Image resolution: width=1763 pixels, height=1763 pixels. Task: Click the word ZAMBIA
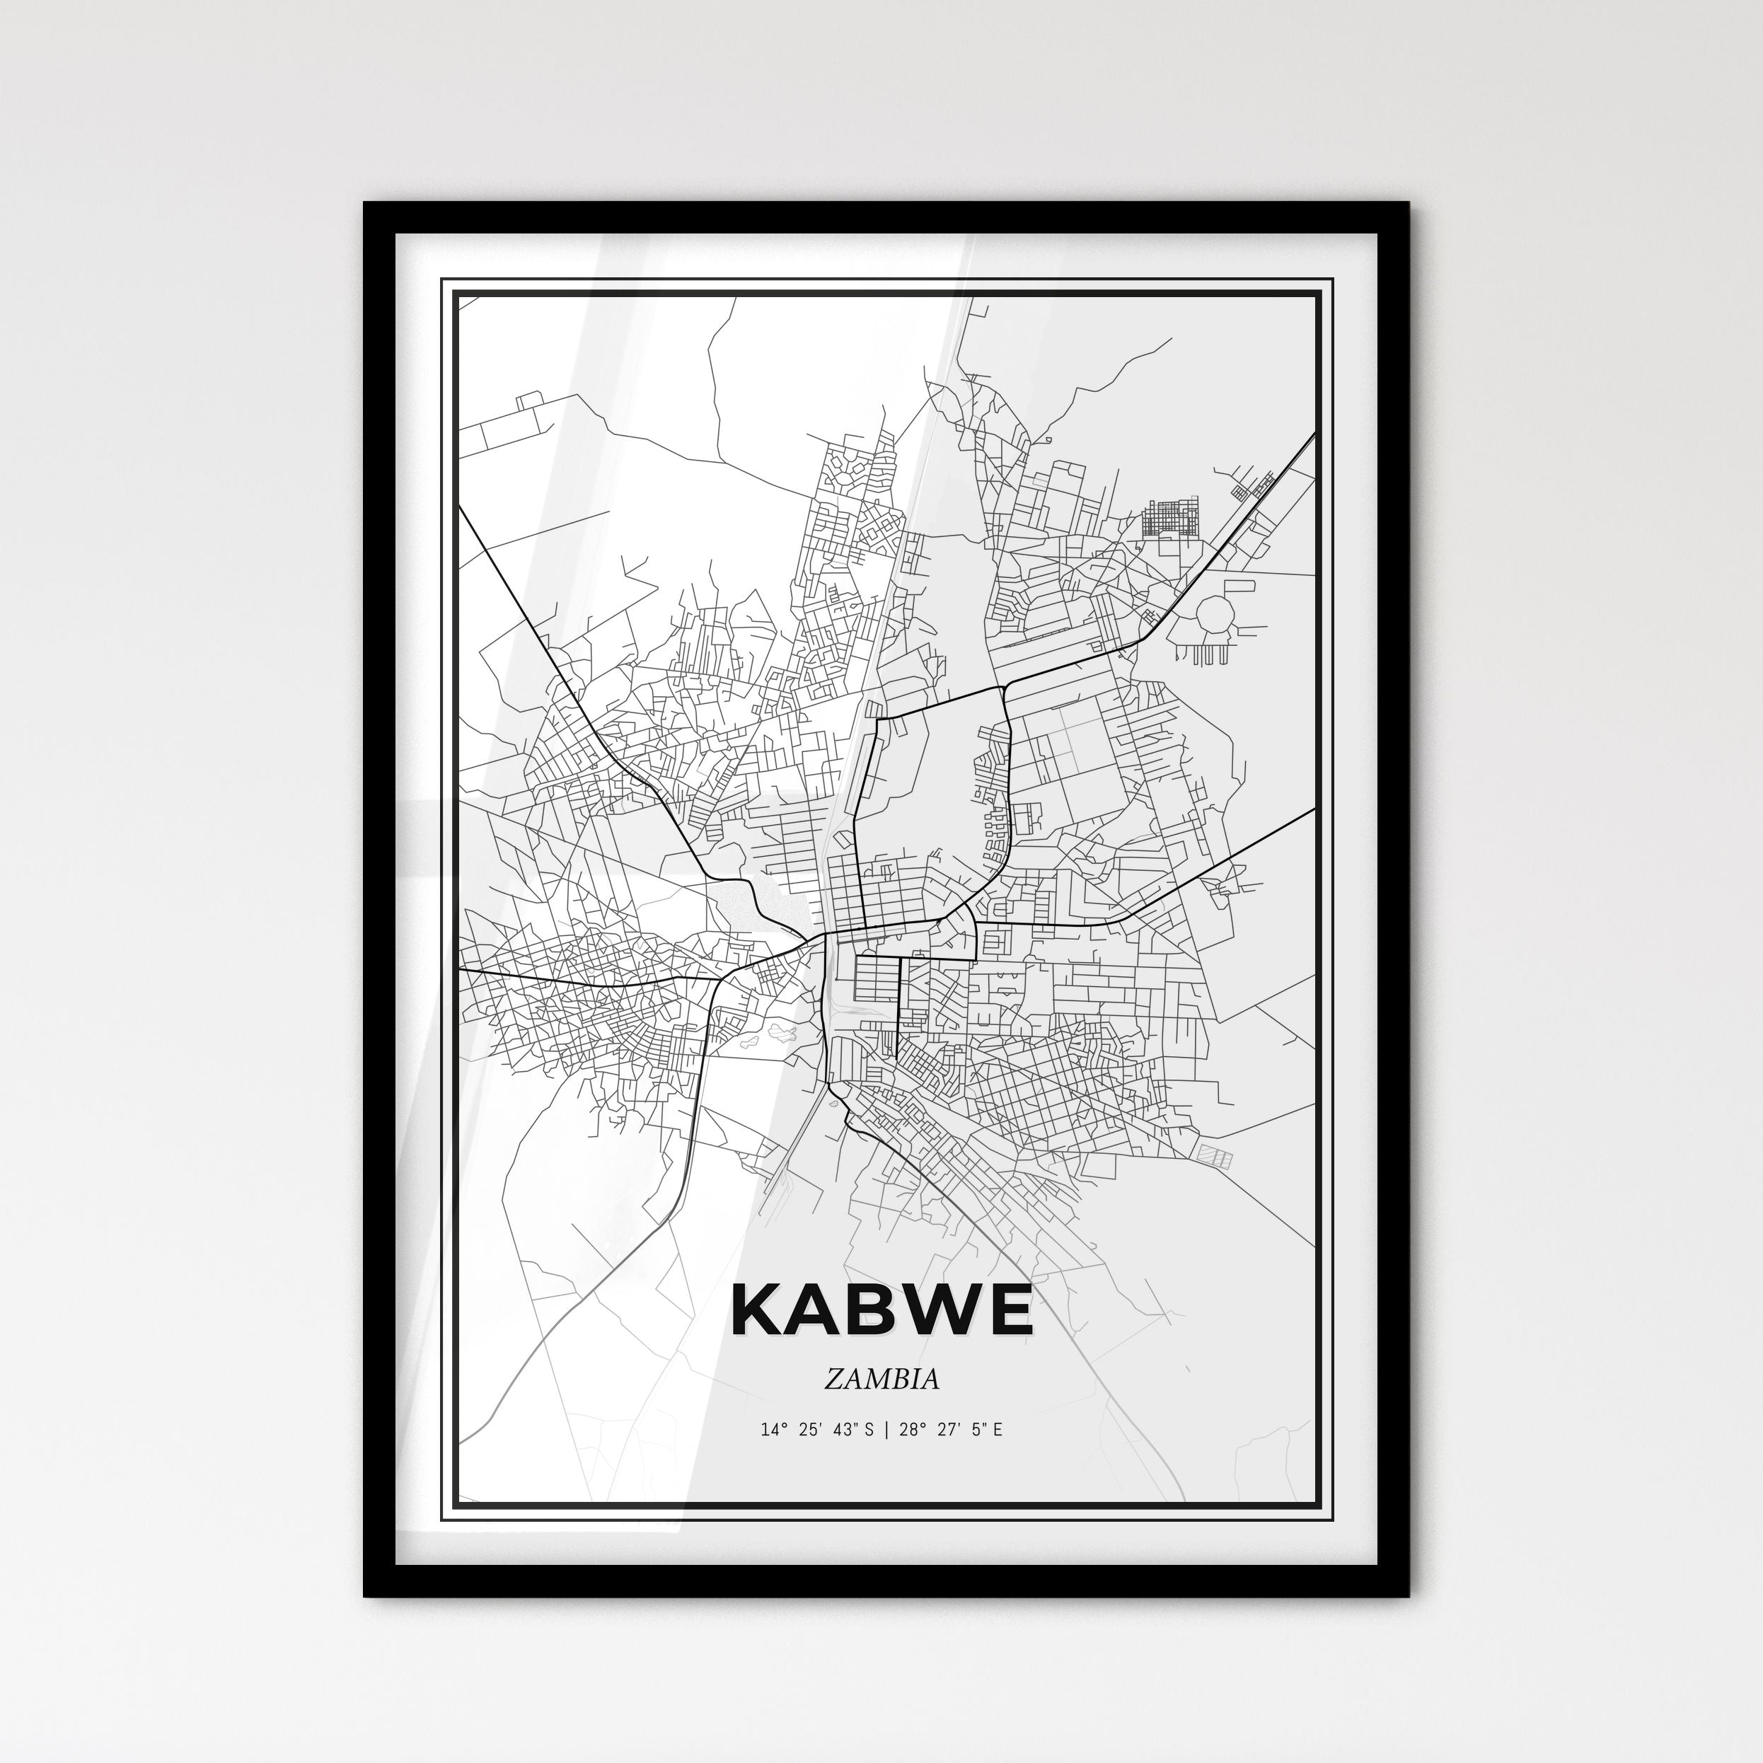pyautogui.click(x=881, y=1379)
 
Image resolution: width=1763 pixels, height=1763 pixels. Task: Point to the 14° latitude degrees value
pyautogui.click(x=773, y=1430)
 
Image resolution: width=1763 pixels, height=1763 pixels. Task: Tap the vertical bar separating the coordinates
pyautogui.click(x=884, y=1430)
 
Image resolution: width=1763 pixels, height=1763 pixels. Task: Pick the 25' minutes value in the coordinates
pyautogui.click(x=809, y=1430)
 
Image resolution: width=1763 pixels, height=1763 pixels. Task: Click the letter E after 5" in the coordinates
pyautogui.click(x=998, y=1430)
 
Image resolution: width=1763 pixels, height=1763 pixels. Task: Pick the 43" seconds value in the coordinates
pyautogui.click(x=844, y=1430)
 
